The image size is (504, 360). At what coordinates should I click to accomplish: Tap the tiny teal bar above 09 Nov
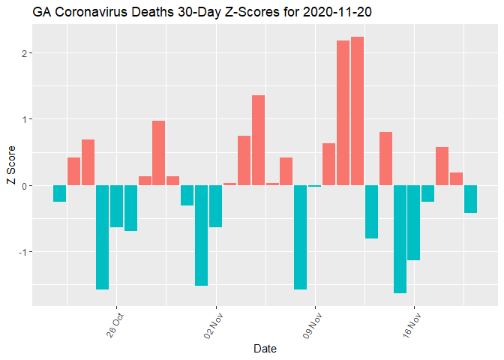pyautogui.click(x=314, y=186)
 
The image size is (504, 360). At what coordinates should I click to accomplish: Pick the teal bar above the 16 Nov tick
pyautogui.click(x=413, y=223)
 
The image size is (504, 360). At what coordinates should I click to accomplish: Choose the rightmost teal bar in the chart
pyautogui.click(x=470, y=199)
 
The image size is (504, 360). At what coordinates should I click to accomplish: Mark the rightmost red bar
pyautogui.click(x=456, y=178)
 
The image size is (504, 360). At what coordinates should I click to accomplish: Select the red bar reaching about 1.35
pyautogui.click(x=258, y=140)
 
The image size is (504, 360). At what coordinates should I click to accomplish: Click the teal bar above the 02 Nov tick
pyautogui.click(x=215, y=206)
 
